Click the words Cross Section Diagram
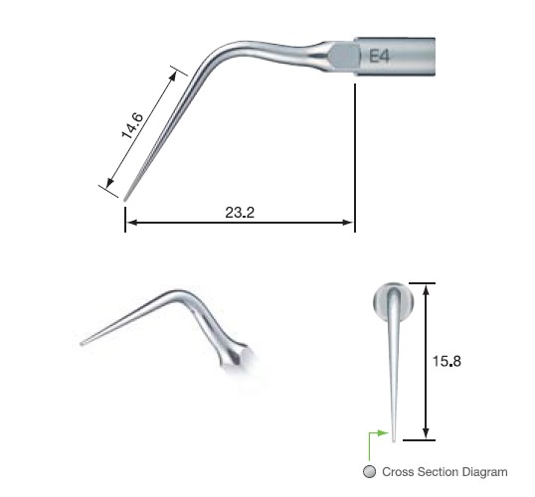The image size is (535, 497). pyautogui.click(x=445, y=472)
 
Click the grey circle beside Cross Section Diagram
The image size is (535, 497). pyautogui.click(x=371, y=472)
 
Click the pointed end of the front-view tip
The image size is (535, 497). pyautogui.click(x=396, y=435)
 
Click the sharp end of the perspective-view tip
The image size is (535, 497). pyautogui.click(x=83, y=344)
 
